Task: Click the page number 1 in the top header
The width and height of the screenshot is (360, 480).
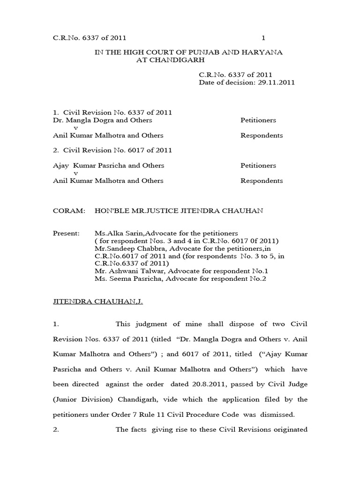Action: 263,37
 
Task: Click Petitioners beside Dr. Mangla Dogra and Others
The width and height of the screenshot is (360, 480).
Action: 258,120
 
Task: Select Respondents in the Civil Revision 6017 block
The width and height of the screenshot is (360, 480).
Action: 262,180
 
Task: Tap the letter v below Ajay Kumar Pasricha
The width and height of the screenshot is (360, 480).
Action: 76,173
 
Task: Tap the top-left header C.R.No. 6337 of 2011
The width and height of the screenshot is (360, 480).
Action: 89,37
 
